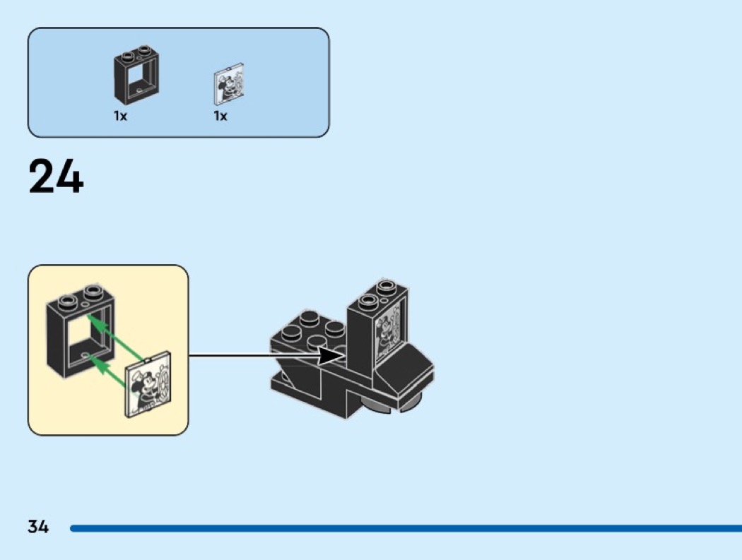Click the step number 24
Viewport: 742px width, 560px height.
[56, 177]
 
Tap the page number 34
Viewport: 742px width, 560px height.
[38, 526]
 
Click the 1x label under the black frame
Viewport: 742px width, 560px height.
[120, 116]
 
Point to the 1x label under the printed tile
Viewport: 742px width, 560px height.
[220, 116]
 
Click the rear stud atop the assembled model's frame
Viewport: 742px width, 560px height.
[386, 285]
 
